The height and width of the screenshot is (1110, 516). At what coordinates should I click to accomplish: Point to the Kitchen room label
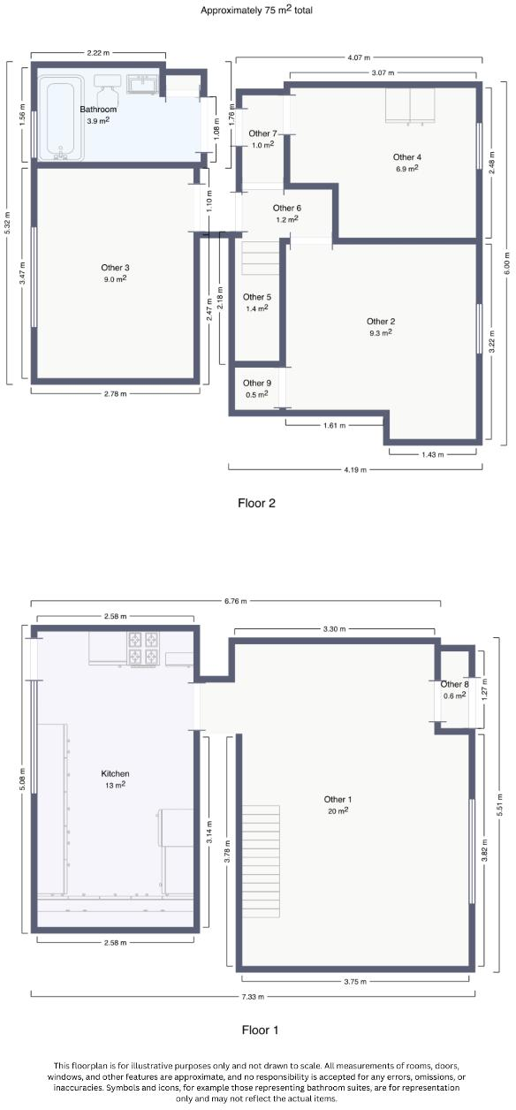point(115,773)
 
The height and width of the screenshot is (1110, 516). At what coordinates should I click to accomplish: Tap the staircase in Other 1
point(260,840)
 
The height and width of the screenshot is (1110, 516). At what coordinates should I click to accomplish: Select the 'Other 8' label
point(454,684)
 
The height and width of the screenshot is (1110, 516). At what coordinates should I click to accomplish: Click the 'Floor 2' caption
point(257,504)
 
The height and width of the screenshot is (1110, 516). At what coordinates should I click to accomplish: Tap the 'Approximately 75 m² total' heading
point(257,11)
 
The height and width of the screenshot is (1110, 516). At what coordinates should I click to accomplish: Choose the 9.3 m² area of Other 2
point(380,333)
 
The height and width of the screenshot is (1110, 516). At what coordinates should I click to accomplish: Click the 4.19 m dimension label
point(355,469)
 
